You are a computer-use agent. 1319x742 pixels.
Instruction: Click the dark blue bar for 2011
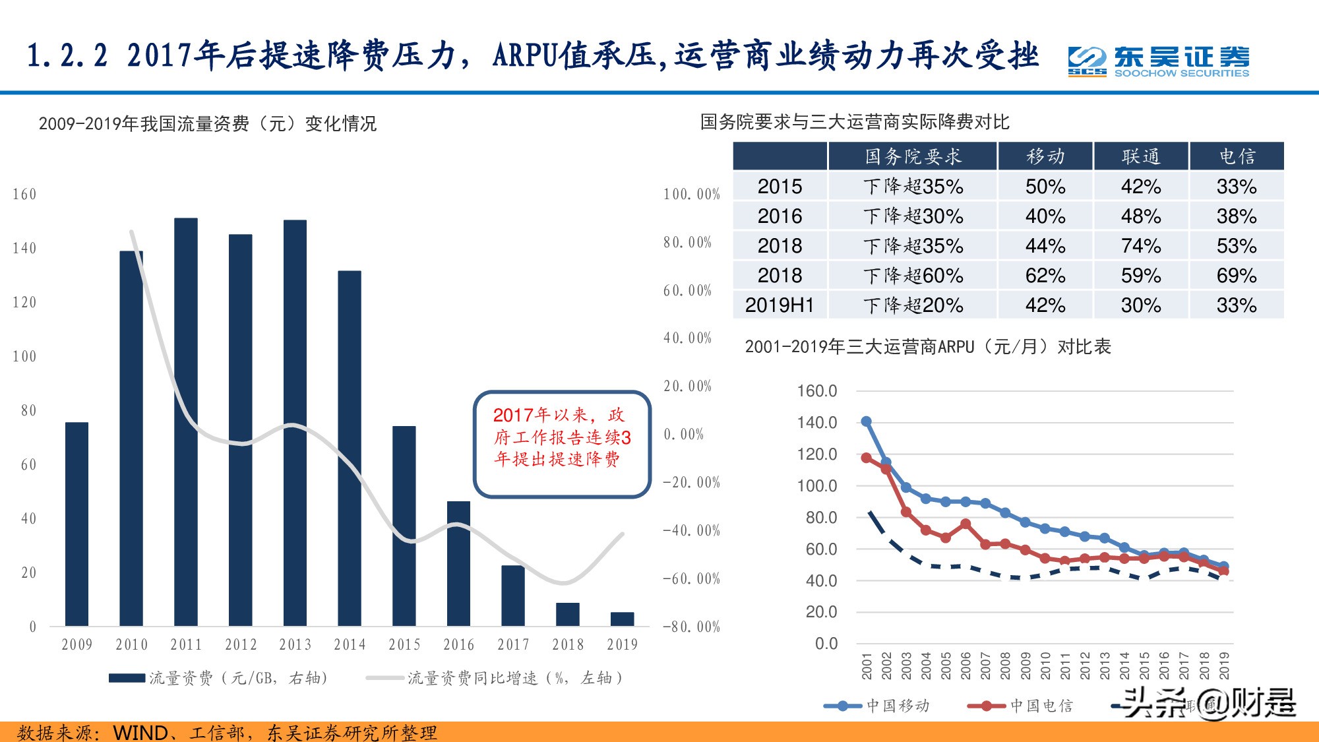pos(185,422)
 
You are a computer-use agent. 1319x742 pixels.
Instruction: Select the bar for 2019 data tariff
pos(622,619)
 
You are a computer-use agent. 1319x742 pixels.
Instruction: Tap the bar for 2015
pos(404,526)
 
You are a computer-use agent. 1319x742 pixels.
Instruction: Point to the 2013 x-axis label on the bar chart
pos(295,644)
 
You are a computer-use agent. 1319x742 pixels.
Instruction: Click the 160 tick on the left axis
pos(24,195)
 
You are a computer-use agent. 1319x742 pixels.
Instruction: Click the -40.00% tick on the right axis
pos(691,530)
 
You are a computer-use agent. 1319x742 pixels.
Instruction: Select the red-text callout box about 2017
pos(562,444)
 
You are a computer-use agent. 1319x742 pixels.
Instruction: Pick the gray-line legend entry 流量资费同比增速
pos(495,678)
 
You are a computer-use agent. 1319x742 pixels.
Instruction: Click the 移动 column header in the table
pos(1045,156)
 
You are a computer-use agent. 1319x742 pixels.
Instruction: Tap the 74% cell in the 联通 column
pos(1140,246)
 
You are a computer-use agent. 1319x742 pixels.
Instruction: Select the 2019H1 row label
pos(780,305)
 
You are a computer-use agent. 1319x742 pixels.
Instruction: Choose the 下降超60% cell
pos(913,276)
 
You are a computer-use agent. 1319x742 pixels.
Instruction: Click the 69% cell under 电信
pos(1236,276)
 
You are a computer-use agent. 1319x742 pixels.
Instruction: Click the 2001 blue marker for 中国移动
pos(867,421)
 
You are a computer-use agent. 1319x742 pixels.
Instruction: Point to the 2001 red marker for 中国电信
pos(867,458)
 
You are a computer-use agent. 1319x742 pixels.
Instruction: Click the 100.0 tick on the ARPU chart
pos(816,486)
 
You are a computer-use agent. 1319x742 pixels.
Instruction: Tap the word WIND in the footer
pos(140,732)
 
